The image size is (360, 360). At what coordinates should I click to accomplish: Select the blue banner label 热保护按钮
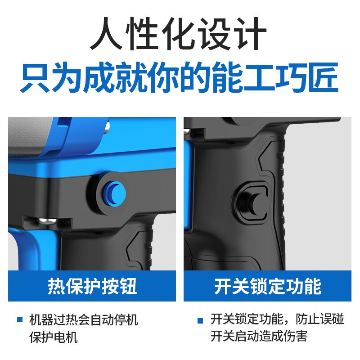click(92, 286)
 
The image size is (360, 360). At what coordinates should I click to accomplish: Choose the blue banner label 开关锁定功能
click(267, 286)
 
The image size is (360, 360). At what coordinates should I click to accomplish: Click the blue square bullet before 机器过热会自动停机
click(20, 320)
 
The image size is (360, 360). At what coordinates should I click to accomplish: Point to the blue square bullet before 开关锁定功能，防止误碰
click(200, 320)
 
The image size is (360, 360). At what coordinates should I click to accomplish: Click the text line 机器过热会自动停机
click(83, 320)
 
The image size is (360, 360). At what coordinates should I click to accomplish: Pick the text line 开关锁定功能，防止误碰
click(277, 320)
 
